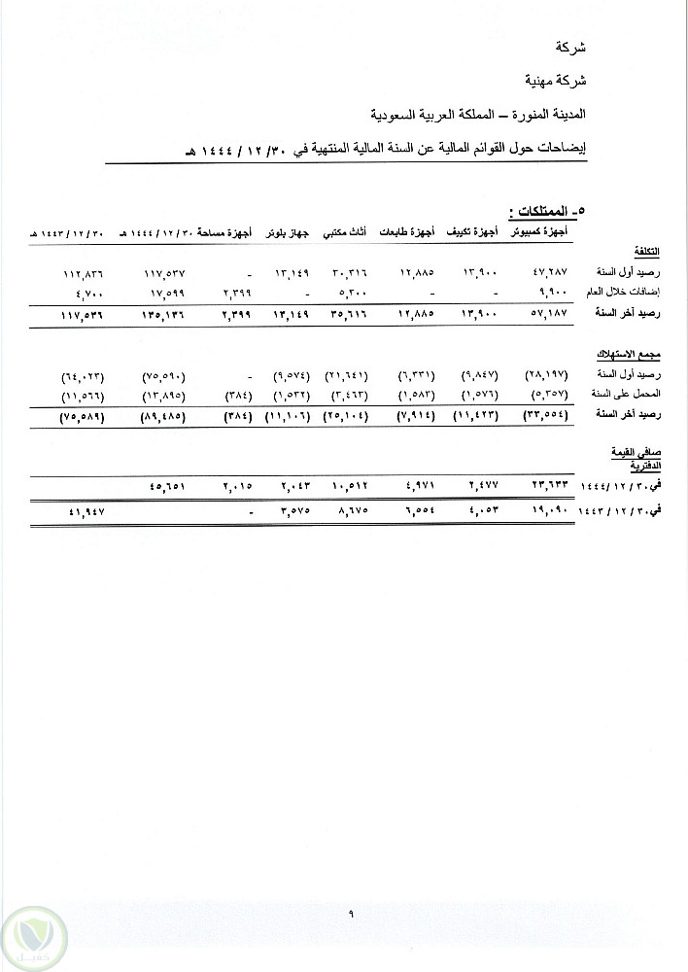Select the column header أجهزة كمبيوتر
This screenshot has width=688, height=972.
point(542,232)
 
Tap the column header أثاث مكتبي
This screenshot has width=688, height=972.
point(343,232)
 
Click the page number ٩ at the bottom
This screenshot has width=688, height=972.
point(348,911)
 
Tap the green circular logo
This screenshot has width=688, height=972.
point(33,935)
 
